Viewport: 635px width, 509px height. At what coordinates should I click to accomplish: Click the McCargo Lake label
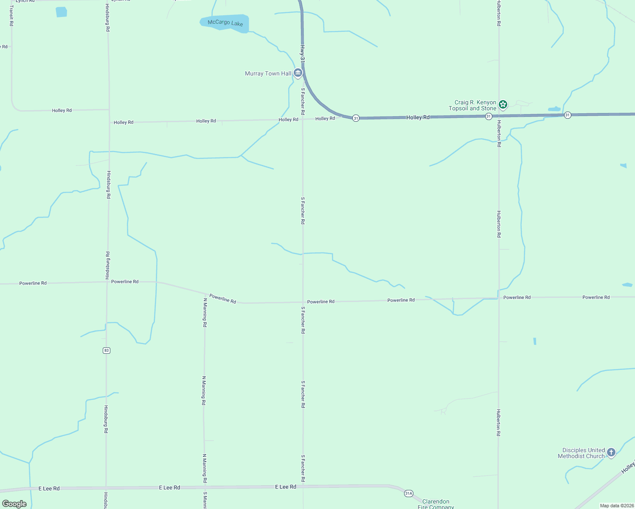[225, 22]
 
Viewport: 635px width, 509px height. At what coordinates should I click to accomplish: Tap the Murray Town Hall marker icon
[298, 73]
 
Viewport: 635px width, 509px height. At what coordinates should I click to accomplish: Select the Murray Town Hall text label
[268, 74]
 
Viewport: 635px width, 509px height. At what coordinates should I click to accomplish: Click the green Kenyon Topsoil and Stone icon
[503, 104]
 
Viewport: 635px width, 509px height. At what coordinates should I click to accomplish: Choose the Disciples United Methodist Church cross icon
[611, 453]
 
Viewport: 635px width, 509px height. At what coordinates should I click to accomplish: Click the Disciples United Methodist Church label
[581, 453]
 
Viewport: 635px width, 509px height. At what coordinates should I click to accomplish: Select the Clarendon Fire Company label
[436, 504]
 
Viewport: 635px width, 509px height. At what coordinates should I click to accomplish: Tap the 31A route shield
[408, 493]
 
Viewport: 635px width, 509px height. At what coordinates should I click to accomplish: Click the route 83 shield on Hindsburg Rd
[106, 350]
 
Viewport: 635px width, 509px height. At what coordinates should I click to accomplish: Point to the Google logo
[14, 504]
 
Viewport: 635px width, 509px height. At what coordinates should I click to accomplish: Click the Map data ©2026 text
[616, 506]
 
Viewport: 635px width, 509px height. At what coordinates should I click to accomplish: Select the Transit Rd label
[11, 16]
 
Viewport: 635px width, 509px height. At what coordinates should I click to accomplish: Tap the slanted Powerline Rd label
[222, 299]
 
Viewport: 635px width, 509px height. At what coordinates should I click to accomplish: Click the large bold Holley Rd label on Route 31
[418, 117]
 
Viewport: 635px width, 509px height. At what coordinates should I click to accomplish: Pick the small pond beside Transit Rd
[61, 12]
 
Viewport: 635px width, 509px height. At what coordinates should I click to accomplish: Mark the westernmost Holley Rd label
[62, 110]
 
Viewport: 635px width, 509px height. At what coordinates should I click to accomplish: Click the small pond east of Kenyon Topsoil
[554, 109]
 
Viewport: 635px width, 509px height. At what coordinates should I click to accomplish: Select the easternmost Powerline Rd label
[596, 297]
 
